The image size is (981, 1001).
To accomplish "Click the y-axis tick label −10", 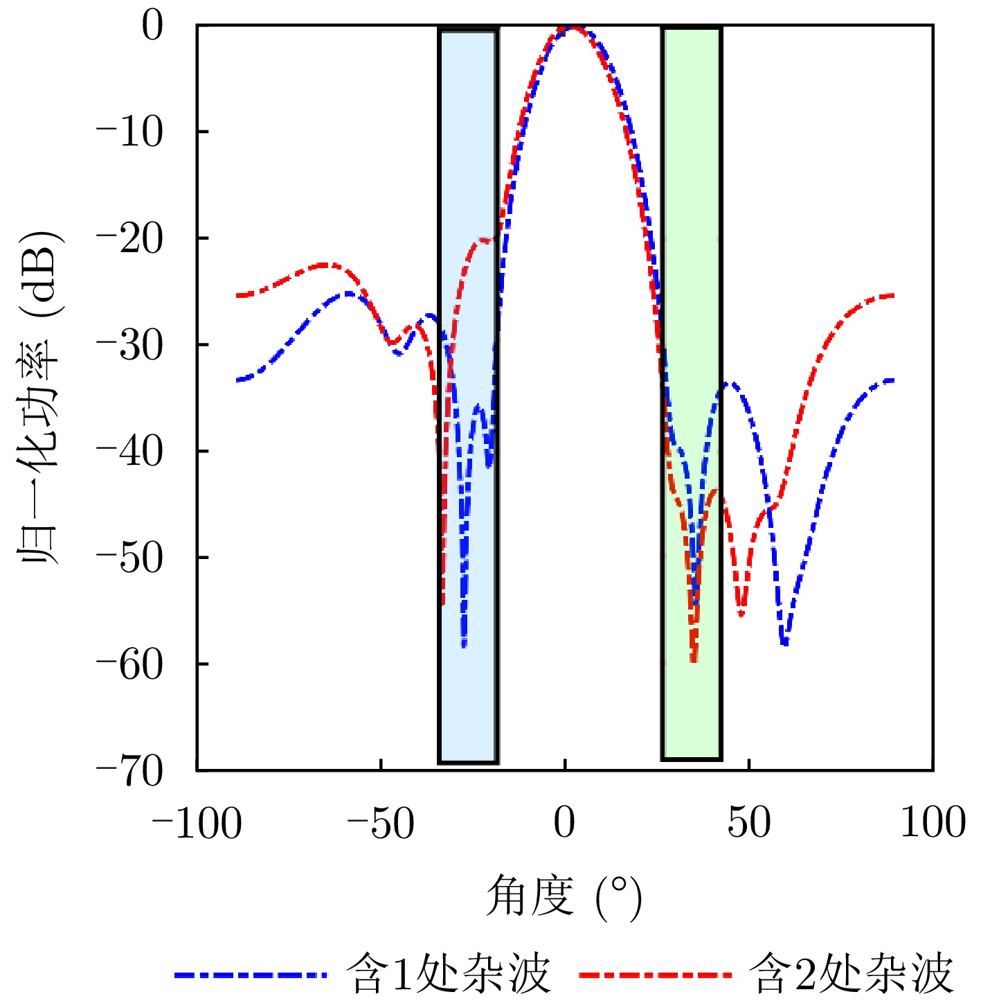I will click(x=129, y=132).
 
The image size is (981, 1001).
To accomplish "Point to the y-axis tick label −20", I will click(x=129, y=238).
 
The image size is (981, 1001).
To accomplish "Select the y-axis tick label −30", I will click(x=129, y=345).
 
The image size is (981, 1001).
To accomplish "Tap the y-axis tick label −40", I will click(x=129, y=452).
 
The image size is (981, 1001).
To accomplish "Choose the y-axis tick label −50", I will click(x=129, y=558).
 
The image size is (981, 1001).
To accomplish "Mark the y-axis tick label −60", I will click(x=129, y=664).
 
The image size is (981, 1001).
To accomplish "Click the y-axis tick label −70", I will click(x=129, y=770).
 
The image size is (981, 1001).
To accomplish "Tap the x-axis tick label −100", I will click(x=197, y=824).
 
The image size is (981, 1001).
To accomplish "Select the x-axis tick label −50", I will click(x=381, y=824).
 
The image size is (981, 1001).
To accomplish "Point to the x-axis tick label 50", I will click(x=749, y=824).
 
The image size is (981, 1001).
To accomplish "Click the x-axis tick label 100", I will click(x=933, y=824).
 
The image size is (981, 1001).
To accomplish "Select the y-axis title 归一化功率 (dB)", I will click(x=40, y=398).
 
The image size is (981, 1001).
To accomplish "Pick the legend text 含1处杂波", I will click(x=448, y=974).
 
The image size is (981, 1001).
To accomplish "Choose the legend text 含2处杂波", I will click(x=852, y=974).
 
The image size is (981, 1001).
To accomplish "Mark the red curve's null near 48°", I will click(x=741, y=614).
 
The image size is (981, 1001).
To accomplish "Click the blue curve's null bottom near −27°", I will click(x=464, y=646).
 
